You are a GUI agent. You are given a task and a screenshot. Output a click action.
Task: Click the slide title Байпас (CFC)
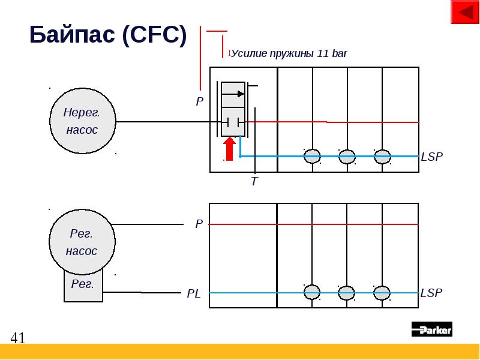108,36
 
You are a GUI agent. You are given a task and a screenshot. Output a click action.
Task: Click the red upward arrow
229,149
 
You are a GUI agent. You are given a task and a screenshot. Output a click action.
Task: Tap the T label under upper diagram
254,181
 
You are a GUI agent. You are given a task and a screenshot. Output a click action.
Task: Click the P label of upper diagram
200,103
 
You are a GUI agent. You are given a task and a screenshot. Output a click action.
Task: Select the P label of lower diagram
199,224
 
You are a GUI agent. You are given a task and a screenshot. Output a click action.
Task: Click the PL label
194,293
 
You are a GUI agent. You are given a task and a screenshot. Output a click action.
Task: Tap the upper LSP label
431,157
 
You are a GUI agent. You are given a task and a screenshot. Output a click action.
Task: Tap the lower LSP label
431,293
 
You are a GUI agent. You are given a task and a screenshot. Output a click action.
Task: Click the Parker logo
431,329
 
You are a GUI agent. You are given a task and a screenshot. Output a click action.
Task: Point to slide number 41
18,338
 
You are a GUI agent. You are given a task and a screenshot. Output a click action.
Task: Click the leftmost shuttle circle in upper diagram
312,157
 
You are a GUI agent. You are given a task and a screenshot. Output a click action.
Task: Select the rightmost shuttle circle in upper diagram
382,157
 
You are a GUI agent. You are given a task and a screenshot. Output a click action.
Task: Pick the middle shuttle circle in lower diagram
347,293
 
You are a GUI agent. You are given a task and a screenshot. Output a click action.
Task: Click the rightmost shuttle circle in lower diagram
382,293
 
